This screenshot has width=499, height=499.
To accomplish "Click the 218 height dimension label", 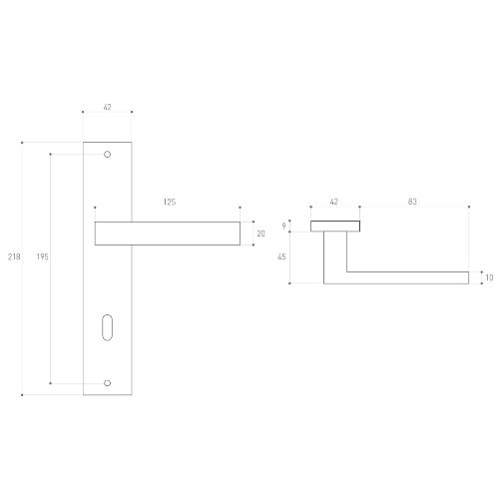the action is click(x=14, y=256).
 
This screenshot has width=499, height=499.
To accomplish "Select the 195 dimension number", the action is click(x=42, y=256).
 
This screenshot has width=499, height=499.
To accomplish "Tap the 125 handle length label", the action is click(x=170, y=202).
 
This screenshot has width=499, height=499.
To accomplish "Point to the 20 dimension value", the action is click(x=260, y=234).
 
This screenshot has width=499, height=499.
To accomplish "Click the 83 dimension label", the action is click(x=412, y=202).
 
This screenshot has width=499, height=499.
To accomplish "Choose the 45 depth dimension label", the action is click(x=281, y=256).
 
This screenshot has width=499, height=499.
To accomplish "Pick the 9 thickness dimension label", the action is click(x=283, y=227).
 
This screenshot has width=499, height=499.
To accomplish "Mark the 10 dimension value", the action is click(x=489, y=277).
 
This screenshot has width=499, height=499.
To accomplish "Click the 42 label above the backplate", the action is click(x=107, y=107).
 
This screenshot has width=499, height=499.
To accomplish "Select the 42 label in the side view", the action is click(x=333, y=202).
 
